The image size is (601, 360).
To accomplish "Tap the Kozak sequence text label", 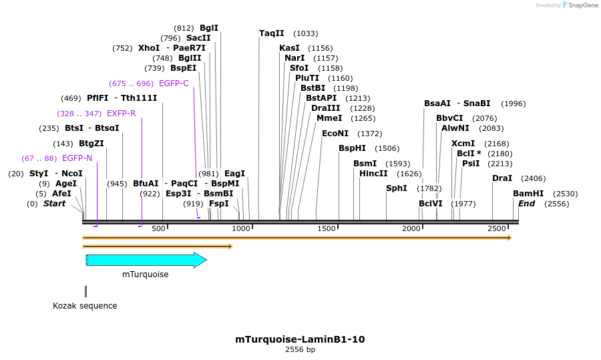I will pyautogui.click(x=85, y=306).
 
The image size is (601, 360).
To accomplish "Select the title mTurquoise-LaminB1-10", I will pyautogui.click(x=300, y=339).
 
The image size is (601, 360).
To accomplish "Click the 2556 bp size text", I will pyautogui.click(x=300, y=349).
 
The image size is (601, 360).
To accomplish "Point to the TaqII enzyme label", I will pyautogui.click(x=272, y=33).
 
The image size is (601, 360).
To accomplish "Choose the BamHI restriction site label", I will pyautogui.click(x=528, y=194).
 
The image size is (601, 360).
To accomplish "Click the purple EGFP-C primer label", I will pyautogui.click(x=174, y=83).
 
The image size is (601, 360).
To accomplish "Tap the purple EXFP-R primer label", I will pyautogui.click(x=121, y=114).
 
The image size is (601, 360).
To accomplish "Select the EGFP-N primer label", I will pyautogui.click(x=77, y=158).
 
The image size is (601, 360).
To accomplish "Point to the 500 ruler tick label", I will pyautogui.click(x=158, y=229).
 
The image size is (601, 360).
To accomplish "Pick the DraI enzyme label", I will pyautogui.click(x=502, y=178).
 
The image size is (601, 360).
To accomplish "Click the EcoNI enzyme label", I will pyautogui.click(x=335, y=134).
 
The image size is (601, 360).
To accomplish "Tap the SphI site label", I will pyautogui.click(x=397, y=188).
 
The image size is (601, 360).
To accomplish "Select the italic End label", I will pyautogui.click(x=526, y=204).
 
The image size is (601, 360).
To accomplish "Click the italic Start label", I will pyautogui.click(x=54, y=204).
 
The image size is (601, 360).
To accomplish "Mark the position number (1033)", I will pyautogui.click(x=306, y=33).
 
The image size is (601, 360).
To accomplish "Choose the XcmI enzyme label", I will pyautogui.click(x=463, y=144).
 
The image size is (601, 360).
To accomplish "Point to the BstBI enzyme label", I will pyautogui.click(x=313, y=88).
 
